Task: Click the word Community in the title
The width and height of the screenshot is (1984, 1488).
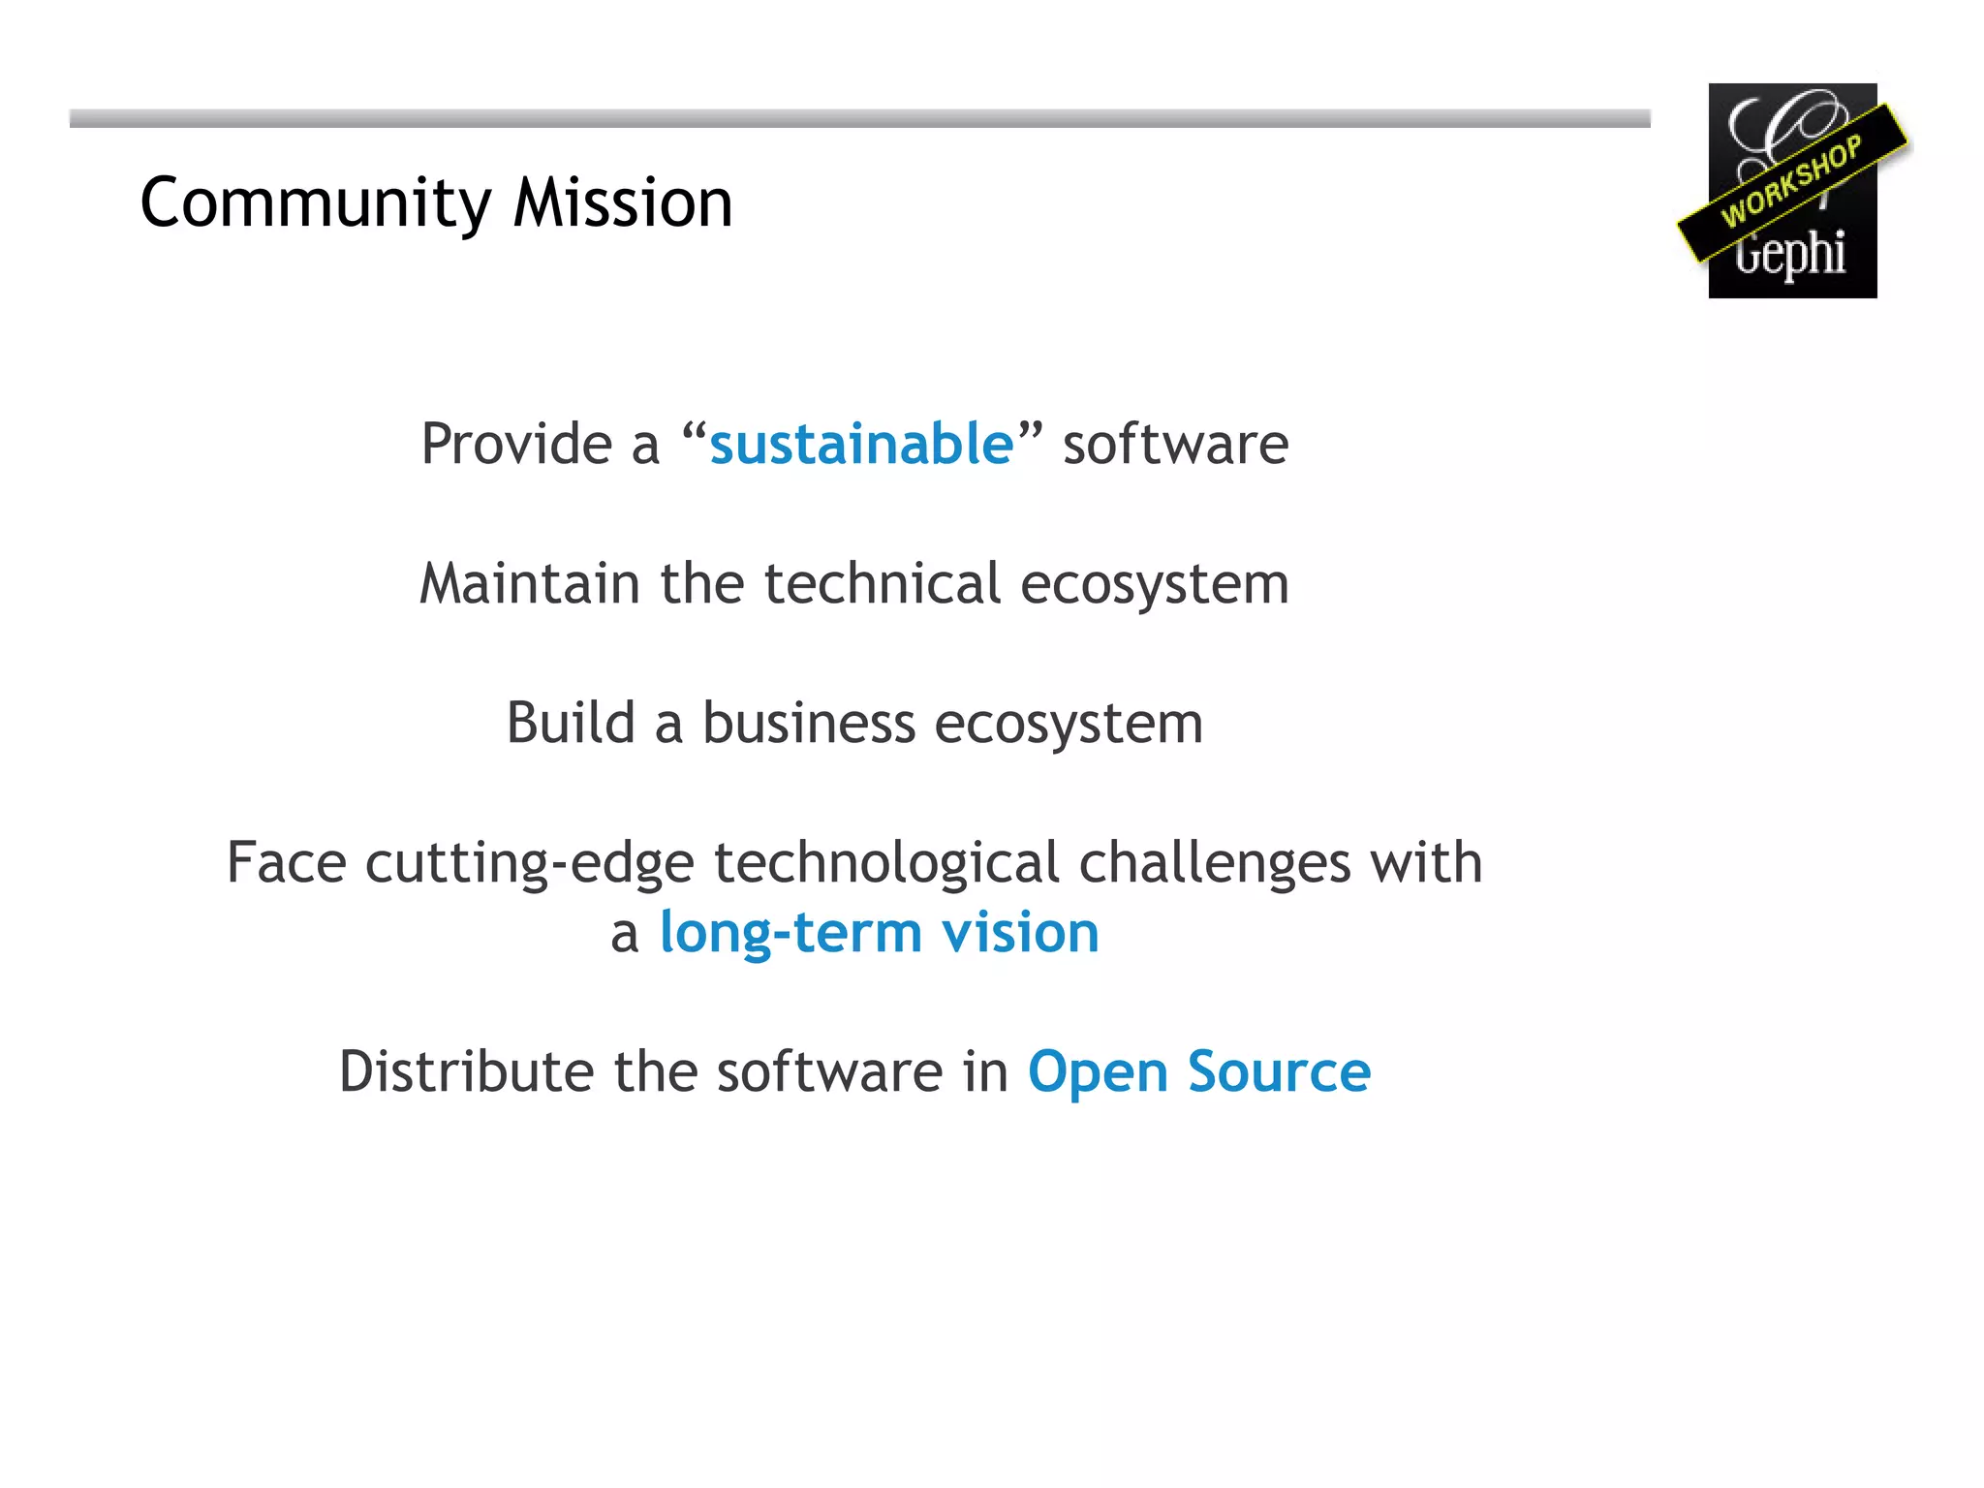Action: [316, 203]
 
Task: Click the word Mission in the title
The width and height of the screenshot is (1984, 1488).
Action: [622, 203]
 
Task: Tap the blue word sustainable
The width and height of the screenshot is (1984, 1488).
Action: [860, 444]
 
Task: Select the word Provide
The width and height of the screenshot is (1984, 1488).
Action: [516, 444]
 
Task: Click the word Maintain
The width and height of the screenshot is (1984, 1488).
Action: [529, 584]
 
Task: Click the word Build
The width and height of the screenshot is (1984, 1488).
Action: [571, 723]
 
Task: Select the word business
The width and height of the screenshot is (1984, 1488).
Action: [808, 723]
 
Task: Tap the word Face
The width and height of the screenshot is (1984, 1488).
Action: [286, 862]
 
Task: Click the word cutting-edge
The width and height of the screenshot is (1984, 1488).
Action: [529, 864]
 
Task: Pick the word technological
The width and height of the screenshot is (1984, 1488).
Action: [886, 864]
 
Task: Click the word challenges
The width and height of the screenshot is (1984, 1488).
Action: [1214, 862]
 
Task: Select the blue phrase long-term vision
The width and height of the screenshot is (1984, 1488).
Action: [879, 933]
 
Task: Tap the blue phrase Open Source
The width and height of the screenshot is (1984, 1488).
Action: [1198, 1073]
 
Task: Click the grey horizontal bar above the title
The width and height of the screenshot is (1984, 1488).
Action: [859, 118]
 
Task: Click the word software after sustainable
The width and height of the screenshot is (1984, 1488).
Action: [1175, 444]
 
